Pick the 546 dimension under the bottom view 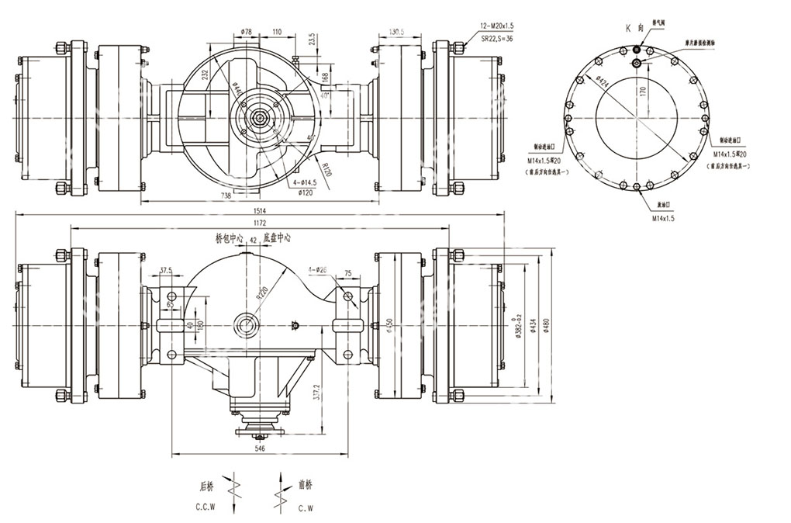260,448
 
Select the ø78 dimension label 247,32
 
